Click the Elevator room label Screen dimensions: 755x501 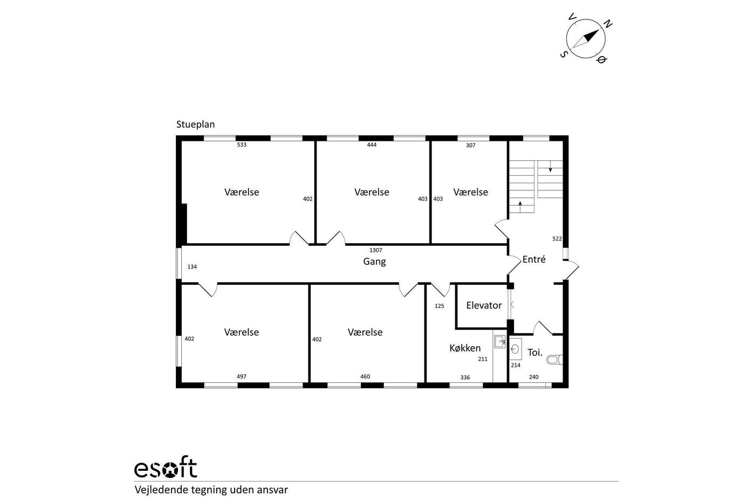pos(484,305)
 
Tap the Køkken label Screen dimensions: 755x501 pos(465,348)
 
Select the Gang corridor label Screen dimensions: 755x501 pos(374,262)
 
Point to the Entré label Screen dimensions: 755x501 pos(534,259)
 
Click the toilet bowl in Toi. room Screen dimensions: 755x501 pos(554,360)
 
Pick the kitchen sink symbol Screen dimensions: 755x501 pos(499,341)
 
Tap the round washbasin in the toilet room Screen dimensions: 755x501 pos(514,349)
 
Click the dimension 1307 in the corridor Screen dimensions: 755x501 pos(375,250)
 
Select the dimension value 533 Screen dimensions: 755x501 pos(242,145)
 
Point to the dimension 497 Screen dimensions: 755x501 pos(242,376)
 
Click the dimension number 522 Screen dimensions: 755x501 pos(557,239)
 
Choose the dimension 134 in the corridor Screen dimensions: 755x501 pos(192,267)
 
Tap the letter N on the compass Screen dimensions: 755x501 pos(607,24)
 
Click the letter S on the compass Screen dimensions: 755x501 pos(564,54)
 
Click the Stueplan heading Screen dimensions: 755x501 pos(195,125)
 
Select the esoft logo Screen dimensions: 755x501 pos(166,467)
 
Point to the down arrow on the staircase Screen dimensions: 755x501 pos(550,167)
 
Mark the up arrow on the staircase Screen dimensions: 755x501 pos(520,207)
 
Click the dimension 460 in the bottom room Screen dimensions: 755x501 pos(365,376)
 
